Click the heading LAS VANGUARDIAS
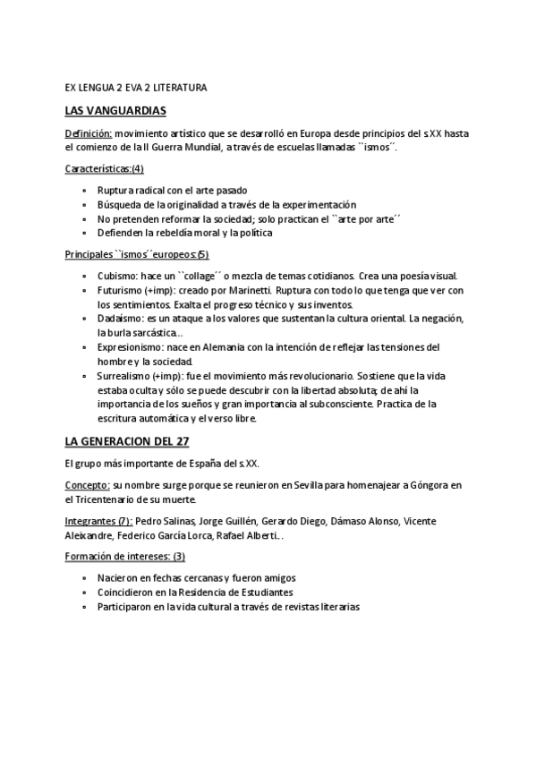point(115,110)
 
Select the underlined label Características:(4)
point(105,168)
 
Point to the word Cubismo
point(116,277)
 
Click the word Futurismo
point(122,291)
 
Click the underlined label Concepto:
point(88,485)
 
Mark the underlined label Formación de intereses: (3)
point(124,557)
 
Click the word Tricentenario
point(110,499)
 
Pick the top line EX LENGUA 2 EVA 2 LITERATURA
point(136,89)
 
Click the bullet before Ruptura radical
point(84,191)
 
